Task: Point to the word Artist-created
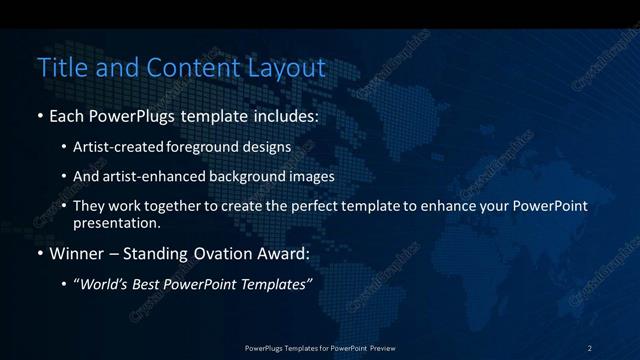(113, 146)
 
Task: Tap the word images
(312, 176)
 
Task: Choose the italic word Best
(151, 285)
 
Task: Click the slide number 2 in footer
(590, 347)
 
